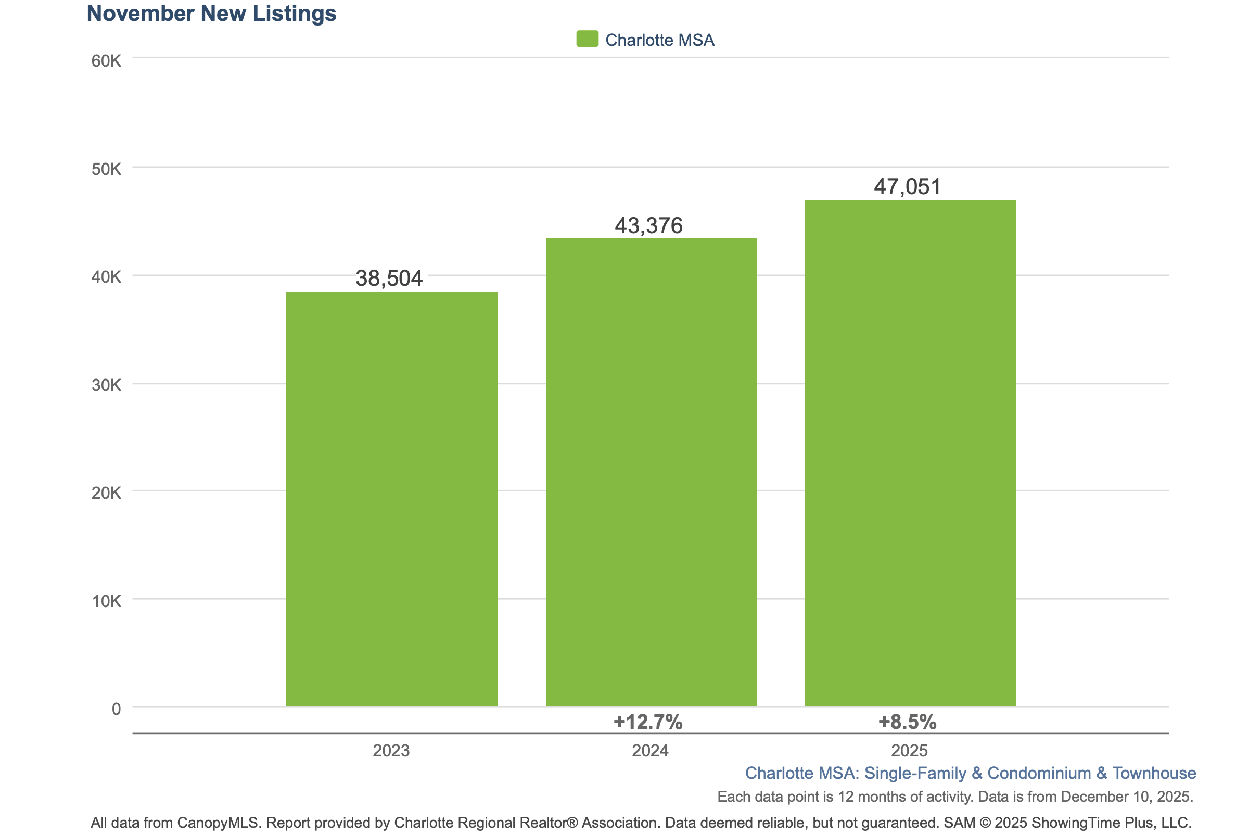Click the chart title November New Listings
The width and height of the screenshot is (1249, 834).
tap(211, 14)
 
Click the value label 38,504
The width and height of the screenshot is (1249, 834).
tap(389, 278)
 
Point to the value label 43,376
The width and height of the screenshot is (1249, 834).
tap(648, 225)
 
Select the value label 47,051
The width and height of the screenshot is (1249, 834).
tap(907, 187)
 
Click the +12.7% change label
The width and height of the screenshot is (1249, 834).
tap(647, 722)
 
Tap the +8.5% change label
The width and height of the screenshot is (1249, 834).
tap(907, 722)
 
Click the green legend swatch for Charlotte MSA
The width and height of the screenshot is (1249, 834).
tap(587, 39)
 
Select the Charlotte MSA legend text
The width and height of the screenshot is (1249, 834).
tap(659, 40)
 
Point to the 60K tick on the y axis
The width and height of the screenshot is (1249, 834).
tap(106, 61)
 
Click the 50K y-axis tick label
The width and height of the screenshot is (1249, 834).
tap(106, 169)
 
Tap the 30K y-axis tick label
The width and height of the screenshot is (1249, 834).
tap(106, 385)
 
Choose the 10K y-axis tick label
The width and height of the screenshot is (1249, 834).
tap(106, 601)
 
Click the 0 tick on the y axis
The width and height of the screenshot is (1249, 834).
tap(116, 709)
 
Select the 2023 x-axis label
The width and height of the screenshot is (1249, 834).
tap(391, 751)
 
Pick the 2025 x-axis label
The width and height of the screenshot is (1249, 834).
tap(909, 751)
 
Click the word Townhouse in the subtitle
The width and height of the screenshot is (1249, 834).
tap(1154, 773)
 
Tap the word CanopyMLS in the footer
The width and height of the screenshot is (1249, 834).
tap(218, 823)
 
